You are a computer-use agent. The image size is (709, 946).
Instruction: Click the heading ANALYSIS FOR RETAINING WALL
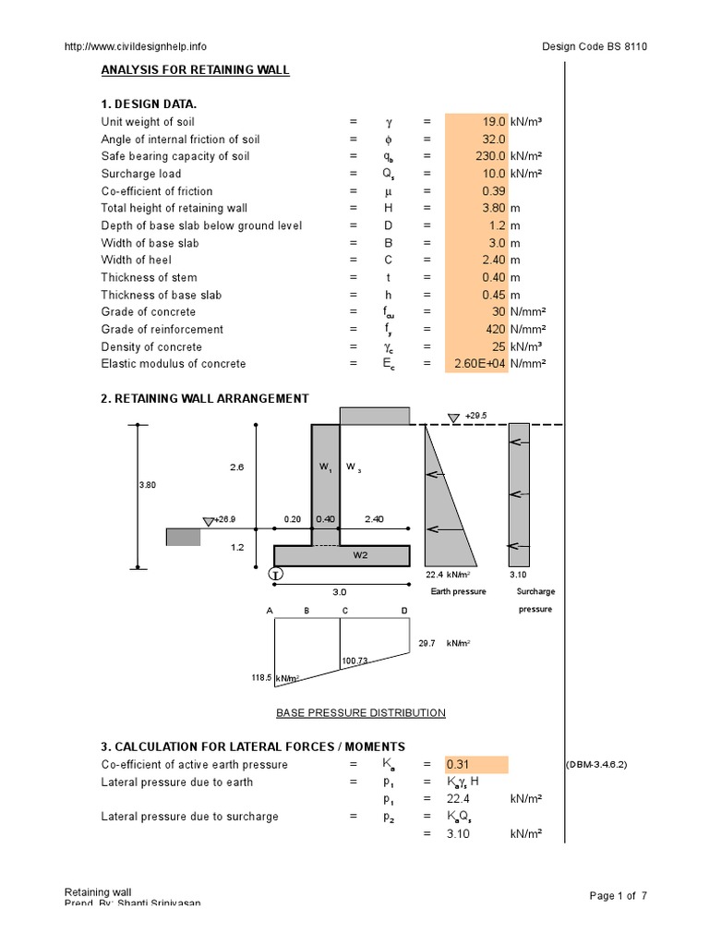(x=195, y=70)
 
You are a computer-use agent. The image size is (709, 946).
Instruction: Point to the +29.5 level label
(x=476, y=416)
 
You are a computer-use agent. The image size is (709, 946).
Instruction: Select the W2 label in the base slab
(x=361, y=555)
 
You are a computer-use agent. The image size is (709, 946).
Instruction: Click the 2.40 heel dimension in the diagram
(x=374, y=520)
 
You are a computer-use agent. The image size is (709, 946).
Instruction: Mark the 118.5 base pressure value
(x=262, y=678)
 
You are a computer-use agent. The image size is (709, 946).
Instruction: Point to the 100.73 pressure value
(x=355, y=662)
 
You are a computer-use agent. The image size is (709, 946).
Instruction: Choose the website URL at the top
(x=135, y=46)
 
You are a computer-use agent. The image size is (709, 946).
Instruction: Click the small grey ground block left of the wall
(x=183, y=537)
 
